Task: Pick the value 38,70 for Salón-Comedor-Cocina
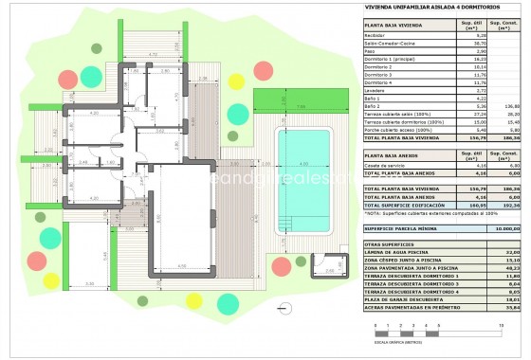click(x=468, y=43)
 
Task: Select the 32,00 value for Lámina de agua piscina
click(x=514, y=252)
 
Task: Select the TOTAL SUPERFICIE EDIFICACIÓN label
click(x=405, y=204)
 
